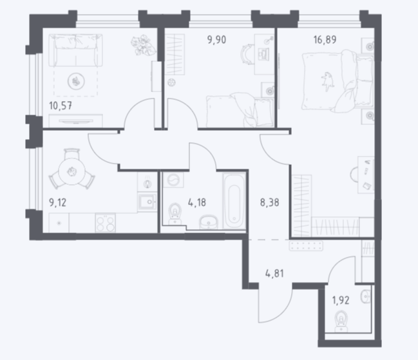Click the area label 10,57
point(61,106)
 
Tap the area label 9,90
point(217,40)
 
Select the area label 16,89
point(325,40)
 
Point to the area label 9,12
point(57,202)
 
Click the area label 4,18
point(197,202)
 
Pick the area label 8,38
point(269,202)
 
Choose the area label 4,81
point(274,274)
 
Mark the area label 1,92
point(341,300)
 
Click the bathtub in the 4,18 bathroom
point(234,201)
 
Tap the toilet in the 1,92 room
point(341,321)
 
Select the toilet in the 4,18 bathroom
point(175,214)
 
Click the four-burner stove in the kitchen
point(105,223)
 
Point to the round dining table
point(71,171)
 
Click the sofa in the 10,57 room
point(75,50)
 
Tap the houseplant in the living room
point(143,45)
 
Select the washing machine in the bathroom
point(173,180)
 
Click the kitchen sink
point(147,202)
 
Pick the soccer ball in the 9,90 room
point(171,82)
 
